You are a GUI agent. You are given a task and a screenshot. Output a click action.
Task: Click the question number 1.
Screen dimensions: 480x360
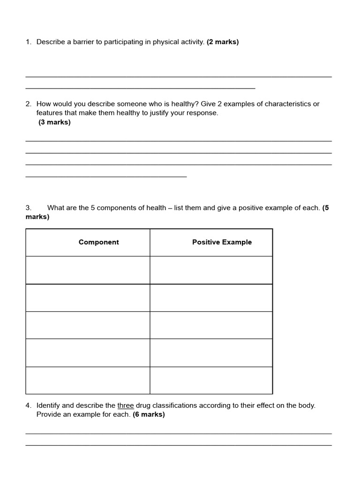28,42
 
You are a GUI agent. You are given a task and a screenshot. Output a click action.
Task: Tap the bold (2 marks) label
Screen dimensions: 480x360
223,42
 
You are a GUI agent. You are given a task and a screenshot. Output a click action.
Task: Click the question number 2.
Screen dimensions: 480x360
28,104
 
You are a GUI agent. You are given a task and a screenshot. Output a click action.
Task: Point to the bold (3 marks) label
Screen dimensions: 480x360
54,122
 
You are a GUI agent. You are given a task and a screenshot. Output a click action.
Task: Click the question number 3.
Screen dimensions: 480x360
28,208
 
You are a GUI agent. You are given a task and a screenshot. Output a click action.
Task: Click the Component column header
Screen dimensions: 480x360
98,242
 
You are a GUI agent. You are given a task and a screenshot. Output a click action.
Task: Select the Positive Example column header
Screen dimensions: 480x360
222,242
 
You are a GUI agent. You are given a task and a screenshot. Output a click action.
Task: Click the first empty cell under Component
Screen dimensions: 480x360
88,270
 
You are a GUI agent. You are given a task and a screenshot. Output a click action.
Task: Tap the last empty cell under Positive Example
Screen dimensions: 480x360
211,380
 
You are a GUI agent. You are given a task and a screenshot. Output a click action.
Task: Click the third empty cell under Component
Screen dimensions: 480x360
88,325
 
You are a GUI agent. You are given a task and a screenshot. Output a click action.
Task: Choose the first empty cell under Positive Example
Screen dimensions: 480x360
211,270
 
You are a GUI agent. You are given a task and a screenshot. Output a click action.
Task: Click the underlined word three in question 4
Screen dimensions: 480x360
126,405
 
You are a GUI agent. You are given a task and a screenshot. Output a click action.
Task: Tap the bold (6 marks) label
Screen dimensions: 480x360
149,415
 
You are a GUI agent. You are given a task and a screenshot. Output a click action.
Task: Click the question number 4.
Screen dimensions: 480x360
28,405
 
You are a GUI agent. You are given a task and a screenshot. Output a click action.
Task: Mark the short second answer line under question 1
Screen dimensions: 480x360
140,88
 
